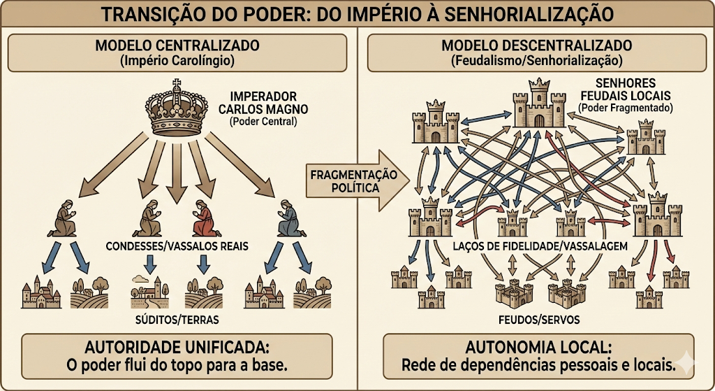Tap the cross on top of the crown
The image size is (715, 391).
tap(176, 84)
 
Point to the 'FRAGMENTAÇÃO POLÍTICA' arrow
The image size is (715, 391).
tap(357, 180)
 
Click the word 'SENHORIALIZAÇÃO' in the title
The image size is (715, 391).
tap(529, 14)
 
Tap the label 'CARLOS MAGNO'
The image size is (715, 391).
tap(263, 109)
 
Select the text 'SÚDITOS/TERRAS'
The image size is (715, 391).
tap(177, 319)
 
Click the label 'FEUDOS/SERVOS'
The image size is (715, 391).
tap(539, 319)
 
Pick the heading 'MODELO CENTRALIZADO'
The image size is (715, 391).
tap(177, 45)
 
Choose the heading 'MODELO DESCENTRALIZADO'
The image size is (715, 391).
tap(537, 45)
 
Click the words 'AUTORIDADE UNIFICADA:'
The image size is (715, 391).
tap(177, 348)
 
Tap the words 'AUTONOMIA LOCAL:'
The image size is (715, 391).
tap(538, 348)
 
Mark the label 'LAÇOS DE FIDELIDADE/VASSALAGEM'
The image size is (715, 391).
tap(540, 246)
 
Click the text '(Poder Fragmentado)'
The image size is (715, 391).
tap(626, 108)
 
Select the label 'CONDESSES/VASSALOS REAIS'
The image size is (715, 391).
tap(177, 246)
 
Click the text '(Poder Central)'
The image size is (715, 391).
tap(263, 122)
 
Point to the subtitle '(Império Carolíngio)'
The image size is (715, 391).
tap(177, 61)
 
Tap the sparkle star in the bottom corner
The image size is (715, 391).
tap(686, 363)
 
